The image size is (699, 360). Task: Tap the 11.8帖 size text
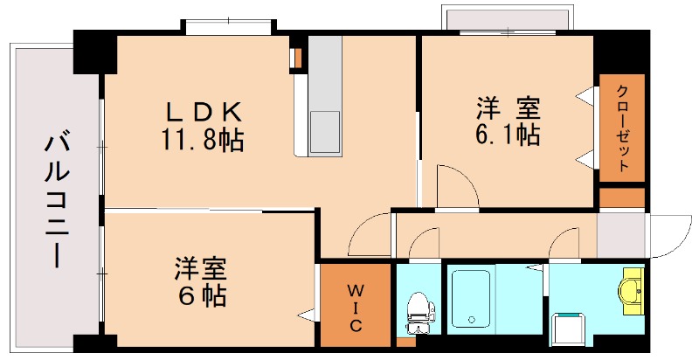point(202,139)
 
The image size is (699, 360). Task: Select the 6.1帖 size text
point(508,135)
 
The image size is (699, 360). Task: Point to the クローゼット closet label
point(621,128)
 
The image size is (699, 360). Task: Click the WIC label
point(356,306)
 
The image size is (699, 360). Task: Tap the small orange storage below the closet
point(621,197)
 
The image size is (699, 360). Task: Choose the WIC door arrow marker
point(306,312)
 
